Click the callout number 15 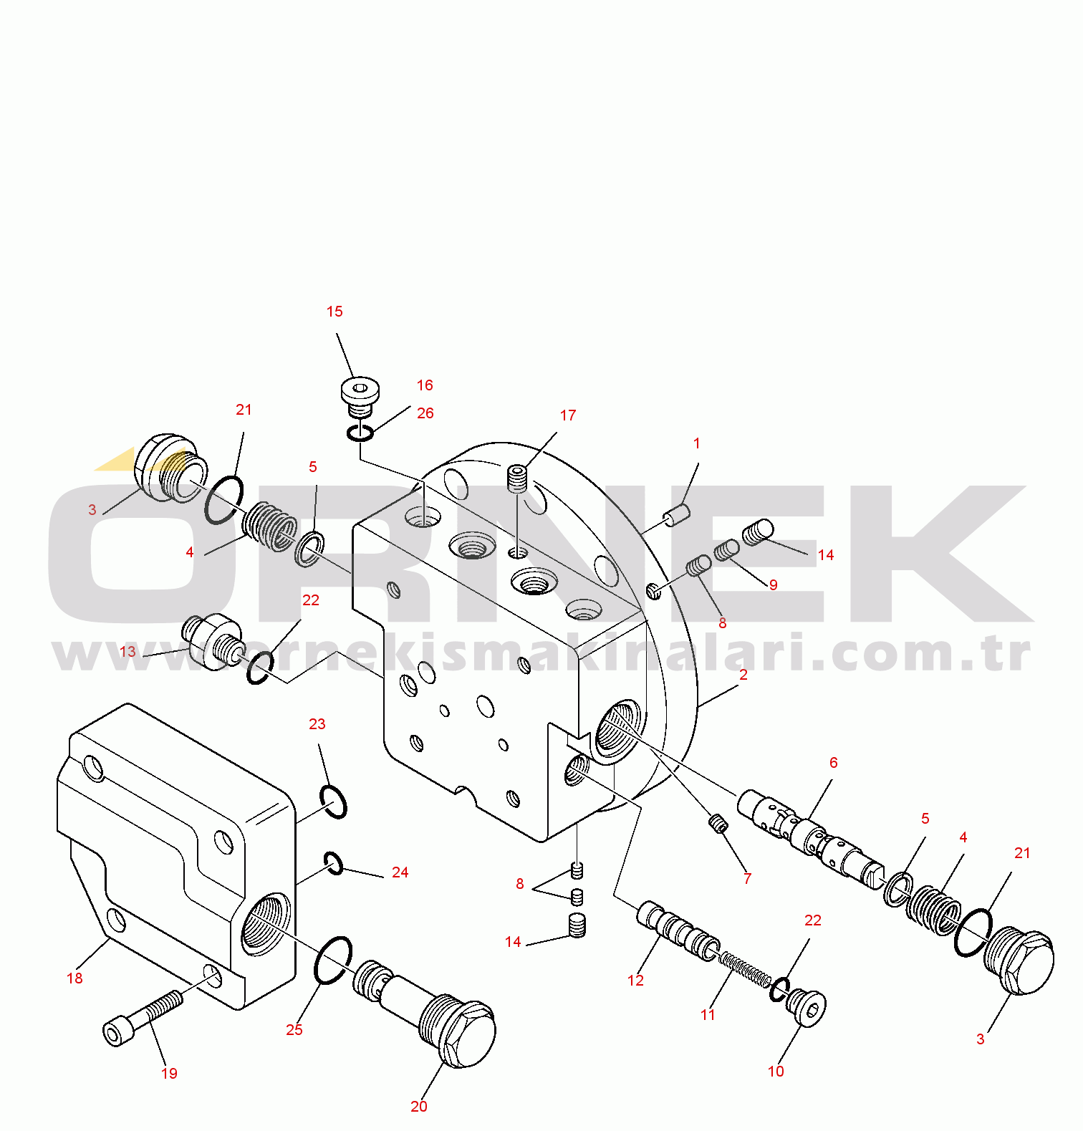point(334,312)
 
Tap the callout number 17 point(567,415)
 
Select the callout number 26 point(425,413)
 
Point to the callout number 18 point(74,978)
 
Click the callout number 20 point(419,1107)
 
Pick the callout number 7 point(747,879)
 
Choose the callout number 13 point(127,652)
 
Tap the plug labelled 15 point(360,398)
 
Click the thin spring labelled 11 point(745,968)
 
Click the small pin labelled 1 point(677,515)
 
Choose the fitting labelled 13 point(213,641)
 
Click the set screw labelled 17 point(517,478)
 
